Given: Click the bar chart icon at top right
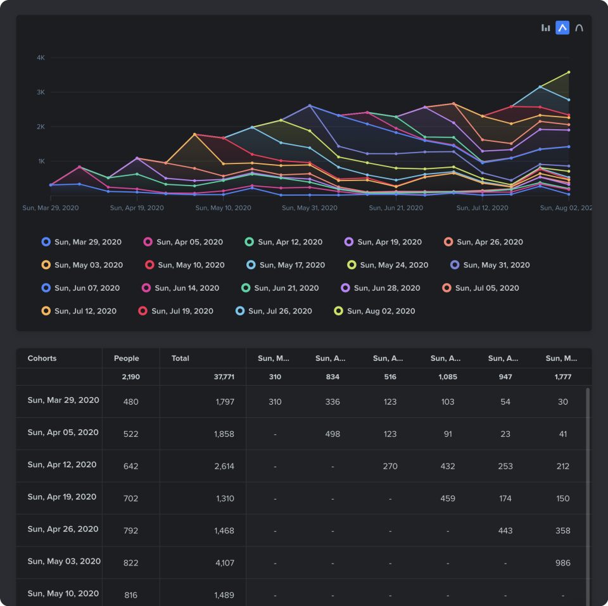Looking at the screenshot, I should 545,28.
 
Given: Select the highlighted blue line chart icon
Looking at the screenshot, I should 562,28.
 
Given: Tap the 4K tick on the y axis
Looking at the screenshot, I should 41,58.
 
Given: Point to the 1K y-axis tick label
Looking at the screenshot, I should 41,161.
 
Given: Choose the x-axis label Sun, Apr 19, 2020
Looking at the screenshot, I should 137,208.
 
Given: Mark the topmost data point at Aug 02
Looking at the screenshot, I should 569,72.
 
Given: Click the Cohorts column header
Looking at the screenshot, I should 42,358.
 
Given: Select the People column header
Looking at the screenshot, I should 126,358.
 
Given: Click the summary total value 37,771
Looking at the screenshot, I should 224,377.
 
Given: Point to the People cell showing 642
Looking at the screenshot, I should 130,466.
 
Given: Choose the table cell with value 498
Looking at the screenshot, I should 332,434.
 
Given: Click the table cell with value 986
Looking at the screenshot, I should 562,563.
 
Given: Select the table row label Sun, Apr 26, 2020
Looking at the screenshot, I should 63,529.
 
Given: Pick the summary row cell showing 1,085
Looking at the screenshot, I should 446,377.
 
